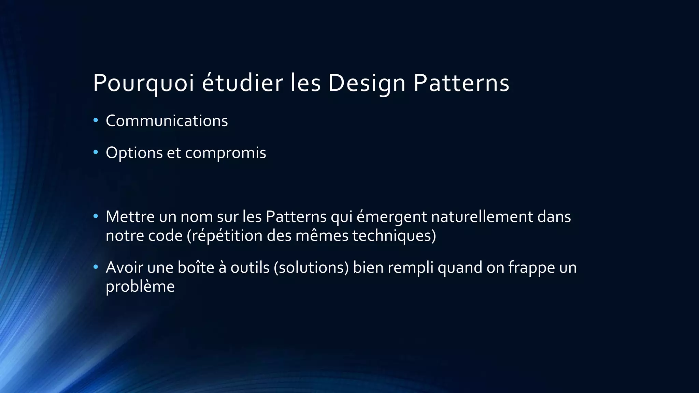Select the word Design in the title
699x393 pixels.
(x=367, y=83)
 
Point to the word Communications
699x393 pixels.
(x=167, y=121)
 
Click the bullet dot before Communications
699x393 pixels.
(x=96, y=120)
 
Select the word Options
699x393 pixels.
(x=134, y=153)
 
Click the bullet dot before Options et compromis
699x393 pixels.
(x=96, y=152)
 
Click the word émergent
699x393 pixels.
(x=391, y=217)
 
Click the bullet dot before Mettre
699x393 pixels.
(x=96, y=216)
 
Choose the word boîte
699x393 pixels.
(x=196, y=267)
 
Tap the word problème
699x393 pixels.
(x=140, y=287)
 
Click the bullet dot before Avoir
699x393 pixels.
(x=96, y=266)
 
